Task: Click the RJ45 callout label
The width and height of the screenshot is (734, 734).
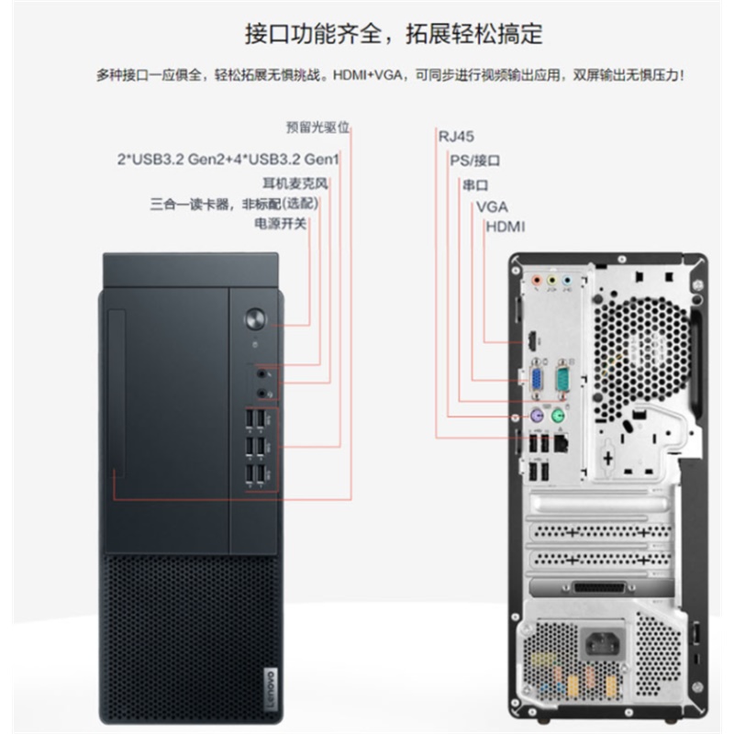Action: tap(456, 137)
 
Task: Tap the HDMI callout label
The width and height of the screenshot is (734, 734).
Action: tap(506, 227)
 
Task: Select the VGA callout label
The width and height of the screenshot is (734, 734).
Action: tap(492, 207)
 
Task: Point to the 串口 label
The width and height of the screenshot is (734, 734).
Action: tap(475, 185)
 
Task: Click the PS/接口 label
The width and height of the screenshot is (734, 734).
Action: tap(474, 161)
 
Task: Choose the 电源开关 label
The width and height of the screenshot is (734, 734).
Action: tap(280, 223)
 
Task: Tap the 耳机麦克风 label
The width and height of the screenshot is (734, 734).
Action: tap(295, 183)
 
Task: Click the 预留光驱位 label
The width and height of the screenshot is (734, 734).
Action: tap(317, 127)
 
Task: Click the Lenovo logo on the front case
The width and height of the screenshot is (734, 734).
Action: tap(271, 687)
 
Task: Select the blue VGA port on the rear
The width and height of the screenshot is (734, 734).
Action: tap(537, 379)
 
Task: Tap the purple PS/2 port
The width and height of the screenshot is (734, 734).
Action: tap(537, 416)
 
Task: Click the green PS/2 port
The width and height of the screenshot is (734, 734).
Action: tap(558, 416)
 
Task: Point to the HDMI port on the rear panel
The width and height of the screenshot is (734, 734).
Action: tap(532, 341)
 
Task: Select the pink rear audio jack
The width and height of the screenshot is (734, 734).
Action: tap(537, 281)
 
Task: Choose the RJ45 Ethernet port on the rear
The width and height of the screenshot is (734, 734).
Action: tap(561, 442)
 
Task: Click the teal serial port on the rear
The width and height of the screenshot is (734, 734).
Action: tap(562, 379)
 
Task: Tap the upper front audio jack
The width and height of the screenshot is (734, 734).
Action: tap(261, 374)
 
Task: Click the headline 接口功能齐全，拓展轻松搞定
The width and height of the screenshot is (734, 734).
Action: tap(394, 34)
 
